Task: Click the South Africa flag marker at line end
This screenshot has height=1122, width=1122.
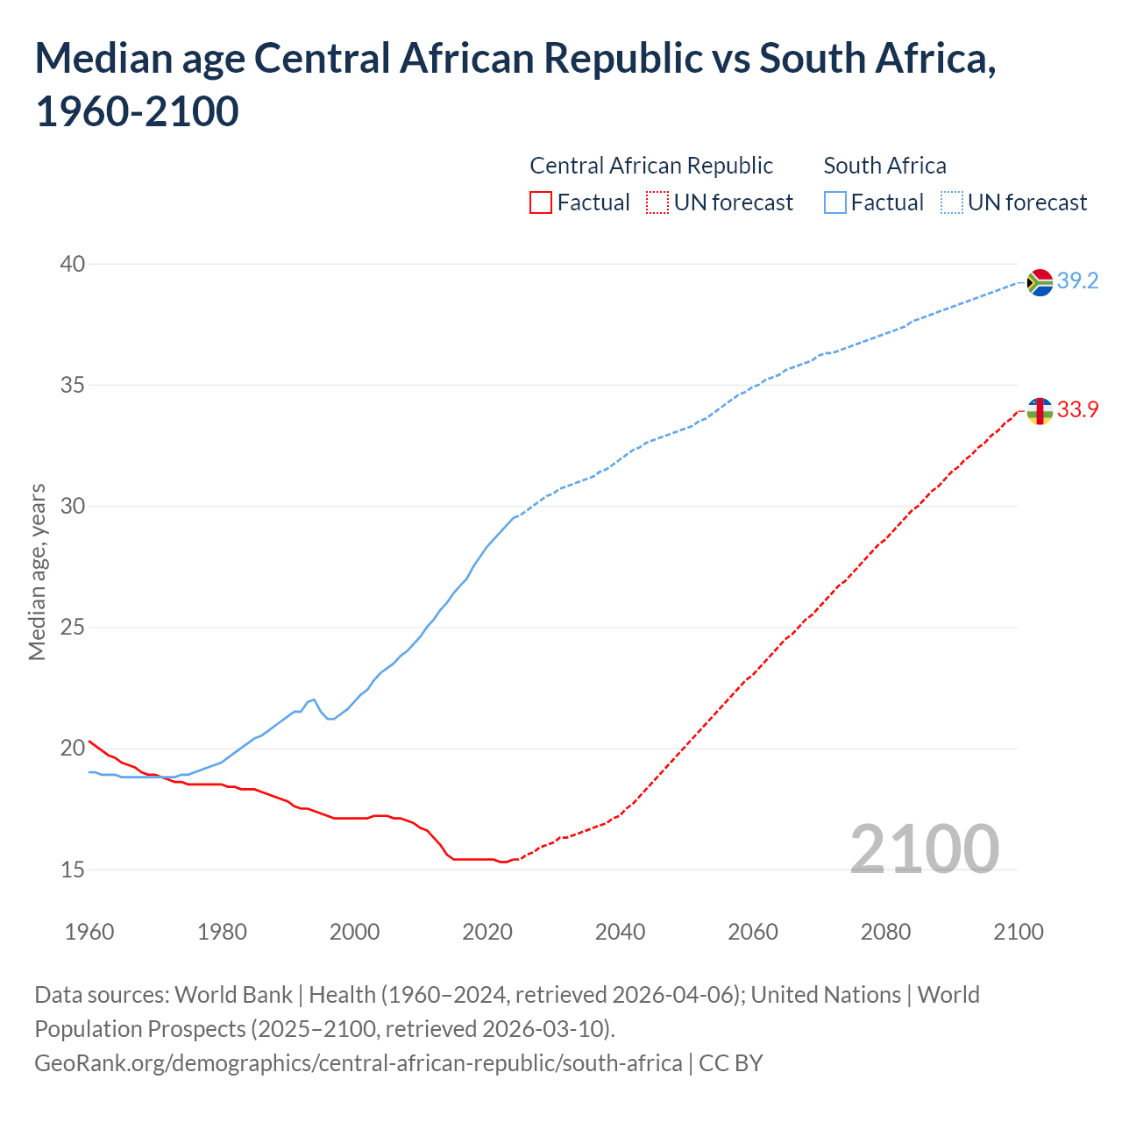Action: (1040, 282)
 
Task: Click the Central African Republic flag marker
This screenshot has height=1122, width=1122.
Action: (1040, 410)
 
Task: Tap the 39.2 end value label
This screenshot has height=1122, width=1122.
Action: (1077, 281)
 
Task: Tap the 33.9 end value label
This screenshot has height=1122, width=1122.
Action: (1077, 410)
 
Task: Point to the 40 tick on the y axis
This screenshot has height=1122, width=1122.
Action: (73, 264)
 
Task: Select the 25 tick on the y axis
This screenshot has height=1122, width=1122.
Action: (73, 628)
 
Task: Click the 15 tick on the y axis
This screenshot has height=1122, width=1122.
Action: (73, 870)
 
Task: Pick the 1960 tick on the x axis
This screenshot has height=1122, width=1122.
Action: (89, 932)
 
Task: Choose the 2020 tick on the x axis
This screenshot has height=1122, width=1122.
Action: (487, 932)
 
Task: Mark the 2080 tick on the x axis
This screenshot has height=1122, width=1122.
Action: (885, 932)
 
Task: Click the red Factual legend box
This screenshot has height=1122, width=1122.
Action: (541, 202)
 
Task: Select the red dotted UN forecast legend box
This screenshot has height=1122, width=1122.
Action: (657, 202)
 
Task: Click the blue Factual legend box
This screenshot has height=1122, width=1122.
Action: (835, 202)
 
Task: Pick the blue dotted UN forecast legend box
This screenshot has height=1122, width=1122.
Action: (951, 202)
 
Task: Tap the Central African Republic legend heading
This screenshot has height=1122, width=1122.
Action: (651, 166)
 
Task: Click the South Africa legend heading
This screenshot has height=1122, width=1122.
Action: (884, 166)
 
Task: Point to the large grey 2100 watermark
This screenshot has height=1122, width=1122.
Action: (925, 849)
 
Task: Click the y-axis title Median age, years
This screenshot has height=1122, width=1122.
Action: (37, 571)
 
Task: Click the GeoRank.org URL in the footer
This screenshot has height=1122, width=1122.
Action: (358, 1063)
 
